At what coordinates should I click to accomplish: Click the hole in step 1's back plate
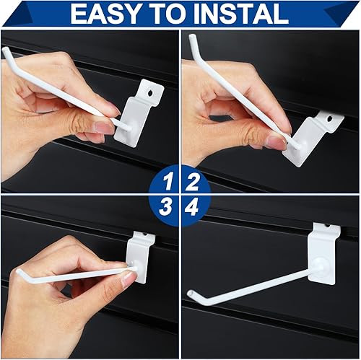coord(150,91)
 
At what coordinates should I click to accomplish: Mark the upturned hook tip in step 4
coord(191,294)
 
